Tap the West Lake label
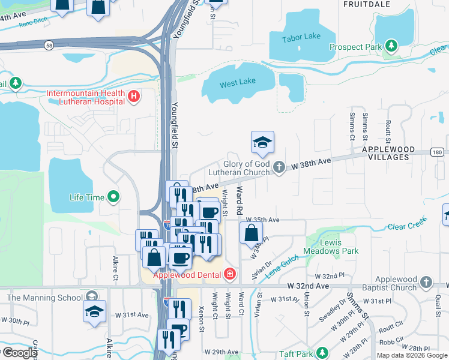[x=237, y=83]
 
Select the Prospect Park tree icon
[x=391, y=46]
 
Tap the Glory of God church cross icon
[x=279, y=167]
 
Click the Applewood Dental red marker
[x=229, y=275]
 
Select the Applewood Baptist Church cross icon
[x=426, y=282]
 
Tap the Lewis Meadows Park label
[x=339, y=247]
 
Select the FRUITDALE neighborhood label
[x=367, y=4]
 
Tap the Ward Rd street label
[x=239, y=201]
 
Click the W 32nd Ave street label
[x=308, y=286]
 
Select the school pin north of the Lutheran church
[x=262, y=143]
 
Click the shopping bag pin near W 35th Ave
[x=251, y=232]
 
